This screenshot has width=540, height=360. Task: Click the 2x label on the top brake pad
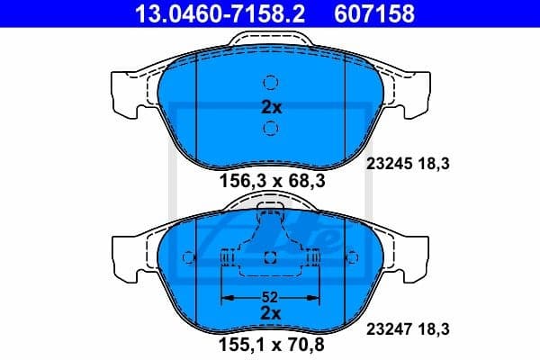coord(271,106)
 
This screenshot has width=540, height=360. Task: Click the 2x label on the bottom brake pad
coord(271,312)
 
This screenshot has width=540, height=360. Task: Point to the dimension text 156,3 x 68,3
coord(271,180)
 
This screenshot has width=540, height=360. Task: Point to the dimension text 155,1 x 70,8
coord(271,343)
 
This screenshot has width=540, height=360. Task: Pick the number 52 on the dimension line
coord(271,296)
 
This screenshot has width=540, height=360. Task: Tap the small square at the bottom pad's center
coord(271,258)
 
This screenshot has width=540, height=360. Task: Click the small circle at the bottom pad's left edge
coord(188,257)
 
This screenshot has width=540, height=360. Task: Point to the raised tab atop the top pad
coord(271,40)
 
